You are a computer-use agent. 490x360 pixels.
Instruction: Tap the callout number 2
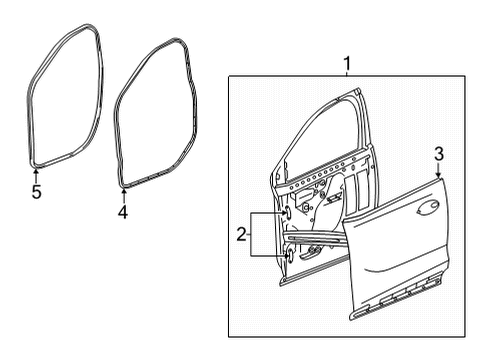239,236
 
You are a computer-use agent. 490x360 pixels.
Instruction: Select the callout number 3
438,152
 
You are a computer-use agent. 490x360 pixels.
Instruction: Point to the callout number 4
123,212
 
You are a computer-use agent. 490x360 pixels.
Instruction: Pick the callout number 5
36,192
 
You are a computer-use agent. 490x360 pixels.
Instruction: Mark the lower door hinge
290,256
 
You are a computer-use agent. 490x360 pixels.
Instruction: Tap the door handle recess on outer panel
427,207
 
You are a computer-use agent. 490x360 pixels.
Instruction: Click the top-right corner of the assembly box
469,78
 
